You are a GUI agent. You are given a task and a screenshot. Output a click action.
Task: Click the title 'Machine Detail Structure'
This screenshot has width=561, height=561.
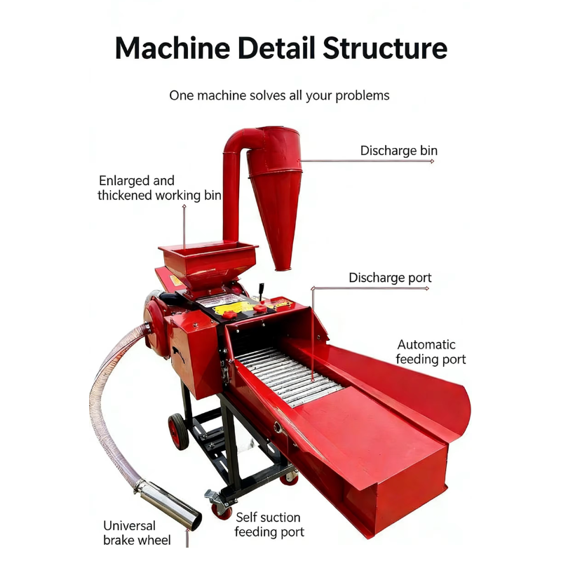(x=281, y=48)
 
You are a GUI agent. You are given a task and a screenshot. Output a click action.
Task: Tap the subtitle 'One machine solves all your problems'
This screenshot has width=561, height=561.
(x=279, y=95)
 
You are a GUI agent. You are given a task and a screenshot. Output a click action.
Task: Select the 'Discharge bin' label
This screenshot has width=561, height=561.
(x=398, y=151)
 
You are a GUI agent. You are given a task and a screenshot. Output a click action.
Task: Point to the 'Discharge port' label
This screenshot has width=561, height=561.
(x=390, y=278)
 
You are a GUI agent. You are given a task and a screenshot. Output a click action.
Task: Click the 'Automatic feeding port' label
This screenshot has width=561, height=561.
(x=431, y=352)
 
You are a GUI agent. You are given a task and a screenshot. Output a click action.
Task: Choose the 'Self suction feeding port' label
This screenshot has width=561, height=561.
(x=269, y=525)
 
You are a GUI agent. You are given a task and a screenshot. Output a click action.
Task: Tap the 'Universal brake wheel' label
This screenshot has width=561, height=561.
(x=137, y=533)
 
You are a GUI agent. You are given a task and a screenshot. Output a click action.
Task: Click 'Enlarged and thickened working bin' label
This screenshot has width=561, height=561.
(x=159, y=188)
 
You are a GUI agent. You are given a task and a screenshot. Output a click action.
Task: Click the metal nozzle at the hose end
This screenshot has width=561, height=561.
(x=169, y=504)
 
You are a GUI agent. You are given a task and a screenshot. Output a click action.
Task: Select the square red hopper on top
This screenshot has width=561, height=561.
(x=208, y=263)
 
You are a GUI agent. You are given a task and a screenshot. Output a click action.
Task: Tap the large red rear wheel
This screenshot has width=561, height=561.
(x=178, y=431)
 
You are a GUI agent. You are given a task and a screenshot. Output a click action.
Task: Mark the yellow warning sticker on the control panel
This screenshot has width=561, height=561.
(x=232, y=307)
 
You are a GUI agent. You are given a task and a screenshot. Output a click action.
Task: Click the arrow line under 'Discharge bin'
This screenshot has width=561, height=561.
(x=367, y=161)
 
